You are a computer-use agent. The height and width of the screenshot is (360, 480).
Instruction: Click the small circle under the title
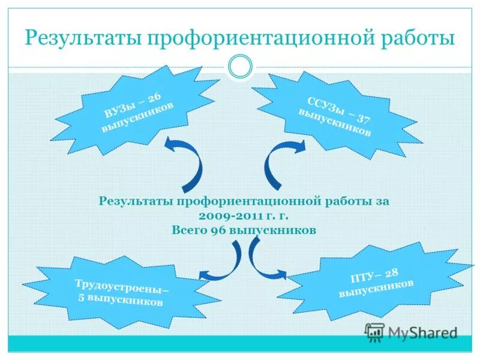pyautogui.click(x=241, y=67)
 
